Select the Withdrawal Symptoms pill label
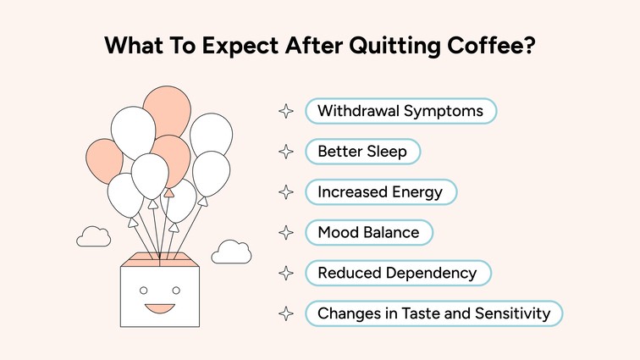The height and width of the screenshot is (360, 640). tap(400, 111)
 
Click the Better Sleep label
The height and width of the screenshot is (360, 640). tap(362, 152)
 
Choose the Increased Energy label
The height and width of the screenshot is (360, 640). tap(380, 192)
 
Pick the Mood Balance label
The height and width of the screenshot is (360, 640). tap(368, 232)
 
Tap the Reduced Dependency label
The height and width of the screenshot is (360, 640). tap(397, 273)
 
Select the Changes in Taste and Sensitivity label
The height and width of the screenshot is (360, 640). tap(433, 313)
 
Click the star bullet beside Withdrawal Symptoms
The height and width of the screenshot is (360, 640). tap(287, 111)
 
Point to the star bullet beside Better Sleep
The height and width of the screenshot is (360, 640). tap(287, 152)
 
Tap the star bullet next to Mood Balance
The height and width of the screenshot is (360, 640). tap(287, 232)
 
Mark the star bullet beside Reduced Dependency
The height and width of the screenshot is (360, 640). tap(287, 273)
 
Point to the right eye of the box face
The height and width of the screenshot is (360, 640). tap(176, 291)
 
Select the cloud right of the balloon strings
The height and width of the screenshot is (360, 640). tap(231, 251)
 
